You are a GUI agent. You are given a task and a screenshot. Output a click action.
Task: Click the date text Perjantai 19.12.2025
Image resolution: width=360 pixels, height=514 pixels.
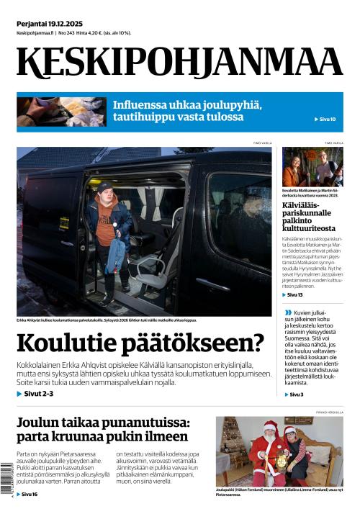[50, 24]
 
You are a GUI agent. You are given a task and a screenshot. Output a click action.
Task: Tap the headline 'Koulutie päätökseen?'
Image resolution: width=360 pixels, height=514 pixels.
[140, 343]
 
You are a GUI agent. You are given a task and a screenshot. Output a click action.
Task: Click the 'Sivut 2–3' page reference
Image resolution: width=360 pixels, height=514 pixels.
[38, 394]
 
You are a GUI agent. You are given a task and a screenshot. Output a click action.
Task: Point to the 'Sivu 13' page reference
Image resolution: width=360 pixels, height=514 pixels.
[294, 295]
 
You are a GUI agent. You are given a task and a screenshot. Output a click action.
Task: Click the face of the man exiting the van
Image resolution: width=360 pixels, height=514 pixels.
[105, 191]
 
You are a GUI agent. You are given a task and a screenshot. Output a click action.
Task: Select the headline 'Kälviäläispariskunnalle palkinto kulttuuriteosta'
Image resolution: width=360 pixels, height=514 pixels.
[307, 217]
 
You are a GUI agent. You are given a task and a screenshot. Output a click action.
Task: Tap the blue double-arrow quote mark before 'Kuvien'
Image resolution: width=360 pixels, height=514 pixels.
[288, 312]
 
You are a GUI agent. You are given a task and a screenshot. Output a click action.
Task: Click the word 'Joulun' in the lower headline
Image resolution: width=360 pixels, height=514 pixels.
[38, 423]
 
